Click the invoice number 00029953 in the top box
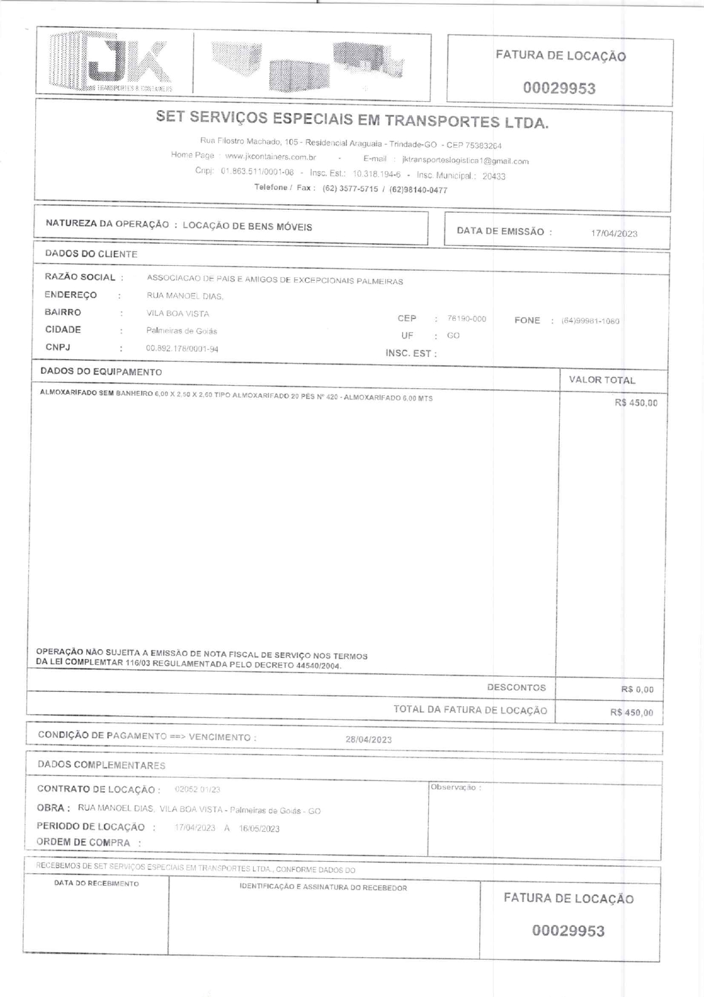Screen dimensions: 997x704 click(559, 88)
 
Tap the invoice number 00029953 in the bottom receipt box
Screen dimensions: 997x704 click(568, 931)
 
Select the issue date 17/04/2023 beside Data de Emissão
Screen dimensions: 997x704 click(614, 233)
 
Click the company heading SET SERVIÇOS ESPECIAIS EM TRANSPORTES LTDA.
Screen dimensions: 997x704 click(352, 119)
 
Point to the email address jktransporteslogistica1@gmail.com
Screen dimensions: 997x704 click(465, 161)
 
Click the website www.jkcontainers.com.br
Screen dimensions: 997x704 click(270, 156)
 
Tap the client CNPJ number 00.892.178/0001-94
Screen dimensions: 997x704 click(182, 348)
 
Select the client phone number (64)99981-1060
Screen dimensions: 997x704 click(590, 321)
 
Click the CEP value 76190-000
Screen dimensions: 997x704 click(467, 319)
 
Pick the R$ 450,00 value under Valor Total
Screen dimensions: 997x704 click(636, 403)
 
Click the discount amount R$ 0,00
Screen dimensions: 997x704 click(637, 690)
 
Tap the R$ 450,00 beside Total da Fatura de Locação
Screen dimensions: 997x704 click(631, 712)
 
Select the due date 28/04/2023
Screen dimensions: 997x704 click(368, 739)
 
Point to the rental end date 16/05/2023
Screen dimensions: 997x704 click(259, 828)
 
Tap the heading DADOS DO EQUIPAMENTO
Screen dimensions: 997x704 click(101, 372)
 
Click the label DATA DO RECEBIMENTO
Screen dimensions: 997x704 click(97, 883)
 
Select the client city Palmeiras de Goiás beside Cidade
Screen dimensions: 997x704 click(182, 331)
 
